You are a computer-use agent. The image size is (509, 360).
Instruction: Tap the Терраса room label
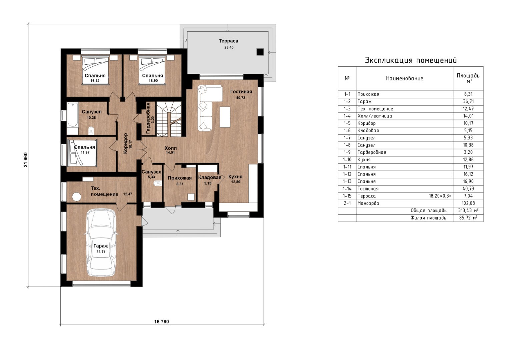[x=228, y=41]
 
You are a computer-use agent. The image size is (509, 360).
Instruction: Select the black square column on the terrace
[x=260, y=52]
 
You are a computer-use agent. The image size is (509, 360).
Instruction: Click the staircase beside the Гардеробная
[x=169, y=119]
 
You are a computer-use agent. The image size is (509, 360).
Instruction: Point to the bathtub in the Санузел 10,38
[x=73, y=118]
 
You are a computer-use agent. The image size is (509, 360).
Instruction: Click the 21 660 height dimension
[x=26, y=159]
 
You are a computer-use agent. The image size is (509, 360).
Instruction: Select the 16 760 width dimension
[x=162, y=322]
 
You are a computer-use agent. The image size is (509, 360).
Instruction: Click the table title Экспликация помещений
[x=411, y=60]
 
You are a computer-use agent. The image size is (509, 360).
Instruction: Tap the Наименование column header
[x=404, y=79]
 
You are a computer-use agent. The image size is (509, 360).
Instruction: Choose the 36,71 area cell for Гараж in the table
[x=468, y=101]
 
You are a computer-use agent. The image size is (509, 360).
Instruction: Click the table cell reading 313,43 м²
[x=468, y=211]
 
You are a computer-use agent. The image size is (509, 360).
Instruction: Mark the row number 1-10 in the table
[x=347, y=159]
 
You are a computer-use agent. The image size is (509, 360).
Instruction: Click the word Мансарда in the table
[x=368, y=203]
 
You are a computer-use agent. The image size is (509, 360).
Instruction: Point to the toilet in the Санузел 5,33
[x=157, y=183]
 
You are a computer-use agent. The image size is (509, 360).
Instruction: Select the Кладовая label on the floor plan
[x=210, y=177]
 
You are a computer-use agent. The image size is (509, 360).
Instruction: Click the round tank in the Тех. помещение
[x=77, y=197]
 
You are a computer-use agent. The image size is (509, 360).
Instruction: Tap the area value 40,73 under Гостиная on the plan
[x=241, y=98]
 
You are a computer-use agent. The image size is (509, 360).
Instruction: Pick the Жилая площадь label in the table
[x=428, y=218]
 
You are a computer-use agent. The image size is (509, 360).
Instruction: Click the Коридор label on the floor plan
[x=125, y=143]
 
